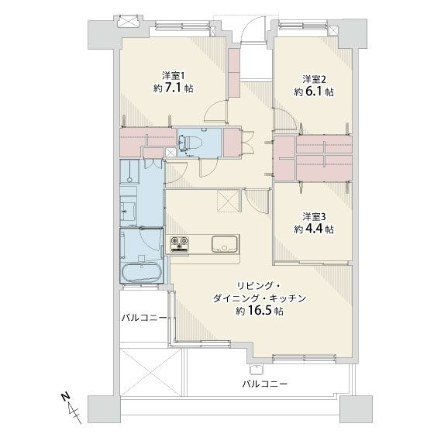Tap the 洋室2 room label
pyautogui.click(x=313, y=78)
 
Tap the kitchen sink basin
pyautogui.click(x=225, y=245)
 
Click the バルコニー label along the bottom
pyautogui.click(x=263, y=384)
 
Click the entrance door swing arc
pyautogui.click(x=253, y=31)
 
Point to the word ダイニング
pyautogui.click(x=240, y=297)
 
